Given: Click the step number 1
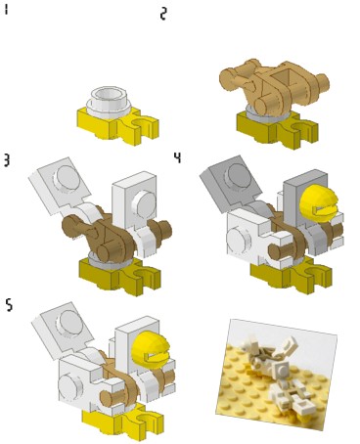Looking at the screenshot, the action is point(6,10).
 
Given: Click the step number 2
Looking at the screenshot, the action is point(163,14).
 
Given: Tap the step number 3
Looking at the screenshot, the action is point(6,160).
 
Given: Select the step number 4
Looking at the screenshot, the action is point(177,157).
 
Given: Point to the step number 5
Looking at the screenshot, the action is point(10,305).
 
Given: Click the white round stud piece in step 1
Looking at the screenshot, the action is point(109,102).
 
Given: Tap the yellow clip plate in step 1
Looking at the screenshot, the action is point(118,126).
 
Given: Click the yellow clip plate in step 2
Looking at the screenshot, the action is point(277,130).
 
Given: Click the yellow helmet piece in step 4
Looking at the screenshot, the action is point(318,203).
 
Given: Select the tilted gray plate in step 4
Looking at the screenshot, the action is point(232,183).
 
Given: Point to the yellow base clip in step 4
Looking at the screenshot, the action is point(292,276).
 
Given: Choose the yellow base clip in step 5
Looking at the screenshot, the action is point(122,423).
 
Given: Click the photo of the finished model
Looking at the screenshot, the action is point(277,375).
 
